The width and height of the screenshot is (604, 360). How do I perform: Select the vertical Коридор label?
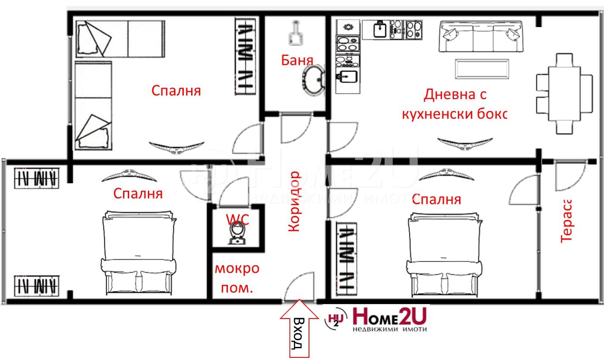(x=295, y=201)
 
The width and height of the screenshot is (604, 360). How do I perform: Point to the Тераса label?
(x=566, y=220)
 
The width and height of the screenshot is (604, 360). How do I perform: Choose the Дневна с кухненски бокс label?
(x=455, y=104)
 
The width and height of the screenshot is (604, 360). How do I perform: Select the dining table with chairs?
(x=564, y=93)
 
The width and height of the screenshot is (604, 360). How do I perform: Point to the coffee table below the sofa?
(x=482, y=69)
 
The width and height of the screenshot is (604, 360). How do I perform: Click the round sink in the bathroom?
(x=312, y=80)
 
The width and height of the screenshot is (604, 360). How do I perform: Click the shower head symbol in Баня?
(x=296, y=34)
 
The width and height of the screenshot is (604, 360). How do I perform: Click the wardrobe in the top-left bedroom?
(x=245, y=56)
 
